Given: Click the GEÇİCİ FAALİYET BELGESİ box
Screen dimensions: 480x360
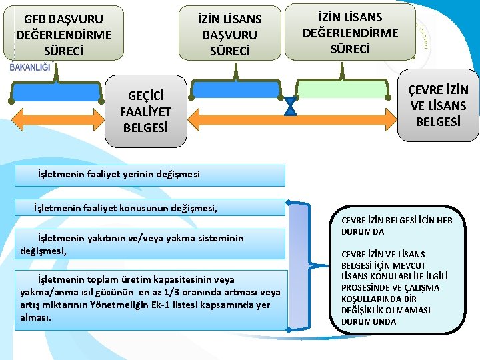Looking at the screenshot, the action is pyautogui.click(x=146, y=110).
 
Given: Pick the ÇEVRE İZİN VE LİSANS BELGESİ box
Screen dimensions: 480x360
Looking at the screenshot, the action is pyautogui.click(x=438, y=105).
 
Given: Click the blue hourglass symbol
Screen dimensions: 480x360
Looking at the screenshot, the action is pyautogui.click(x=291, y=107).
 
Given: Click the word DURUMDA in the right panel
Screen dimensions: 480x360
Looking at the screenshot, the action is pyautogui.click(x=365, y=231).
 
